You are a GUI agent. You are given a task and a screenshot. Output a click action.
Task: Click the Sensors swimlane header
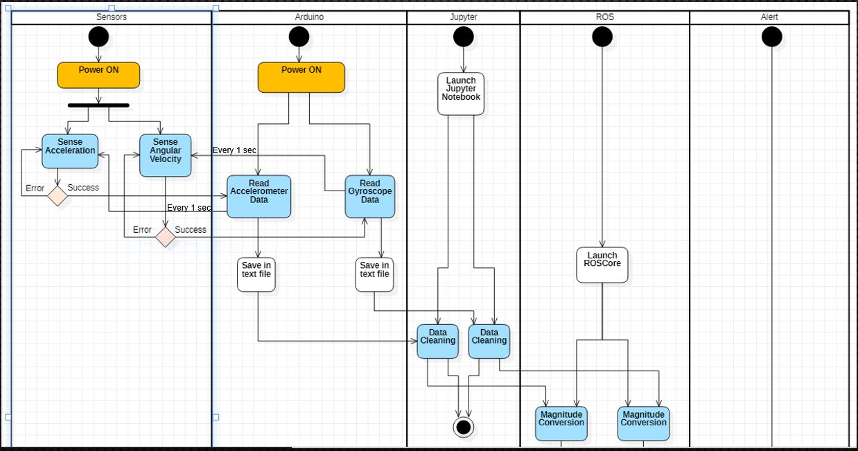[x=111, y=17]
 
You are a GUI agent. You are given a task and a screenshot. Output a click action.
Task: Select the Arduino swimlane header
[x=309, y=17]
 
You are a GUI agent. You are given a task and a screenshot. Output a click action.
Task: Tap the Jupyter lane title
[x=463, y=17]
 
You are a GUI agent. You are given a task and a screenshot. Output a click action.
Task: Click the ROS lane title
[x=604, y=17]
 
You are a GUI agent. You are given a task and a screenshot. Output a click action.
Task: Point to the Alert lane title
[x=769, y=17]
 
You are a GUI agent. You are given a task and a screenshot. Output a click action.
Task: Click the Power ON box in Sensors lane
[x=98, y=75]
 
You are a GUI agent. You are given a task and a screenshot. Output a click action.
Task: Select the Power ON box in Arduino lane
[x=301, y=77]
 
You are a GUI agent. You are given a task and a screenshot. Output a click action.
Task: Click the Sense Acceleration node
[x=70, y=151]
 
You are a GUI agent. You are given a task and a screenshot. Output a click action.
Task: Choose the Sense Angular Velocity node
[x=165, y=155]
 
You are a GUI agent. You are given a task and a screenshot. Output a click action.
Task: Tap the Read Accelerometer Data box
[x=259, y=196]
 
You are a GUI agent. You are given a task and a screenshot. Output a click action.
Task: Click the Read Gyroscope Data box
[x=370, y=196]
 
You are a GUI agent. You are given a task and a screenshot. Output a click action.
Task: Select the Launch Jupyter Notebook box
[x=461, y=93]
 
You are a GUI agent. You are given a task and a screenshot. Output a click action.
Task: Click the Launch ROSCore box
[x=602, y=265]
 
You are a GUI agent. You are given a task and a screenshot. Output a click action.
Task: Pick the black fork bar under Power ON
[x=98, y=105]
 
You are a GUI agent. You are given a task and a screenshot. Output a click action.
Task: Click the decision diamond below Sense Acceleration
[x=58, y=196]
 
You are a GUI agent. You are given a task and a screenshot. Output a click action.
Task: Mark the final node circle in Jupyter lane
[x=464, y=427]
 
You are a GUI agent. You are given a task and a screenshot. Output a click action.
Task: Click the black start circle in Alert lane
[x=771, y=37]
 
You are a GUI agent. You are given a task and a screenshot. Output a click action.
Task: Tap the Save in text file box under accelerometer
[x=256, y=274]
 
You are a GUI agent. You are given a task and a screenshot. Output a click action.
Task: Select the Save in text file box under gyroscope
[x=374, y=274]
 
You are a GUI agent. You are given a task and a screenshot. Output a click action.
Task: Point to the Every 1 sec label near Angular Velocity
[x=235, y=150]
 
